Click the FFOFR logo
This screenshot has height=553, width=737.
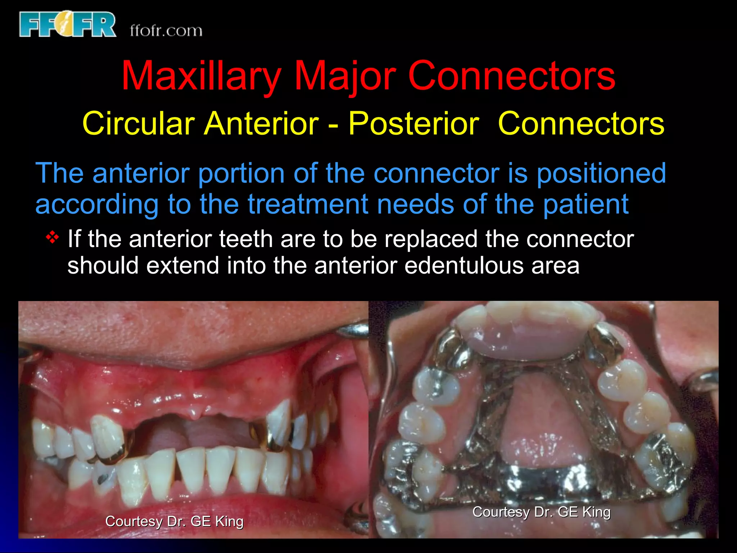click(68, 24)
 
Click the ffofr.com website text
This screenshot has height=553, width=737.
click(166, 31)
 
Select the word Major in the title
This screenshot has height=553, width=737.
click(345, 76)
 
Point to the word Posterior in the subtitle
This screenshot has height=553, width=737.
click(413, 123)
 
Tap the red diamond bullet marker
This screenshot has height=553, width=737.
click(53, 238)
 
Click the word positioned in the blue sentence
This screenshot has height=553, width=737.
click(601, 174)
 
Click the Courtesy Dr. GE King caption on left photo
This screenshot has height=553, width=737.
click(174, 521)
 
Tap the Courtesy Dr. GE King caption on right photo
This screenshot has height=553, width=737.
click(541, 512)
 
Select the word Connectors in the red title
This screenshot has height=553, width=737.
click(511, 76)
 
